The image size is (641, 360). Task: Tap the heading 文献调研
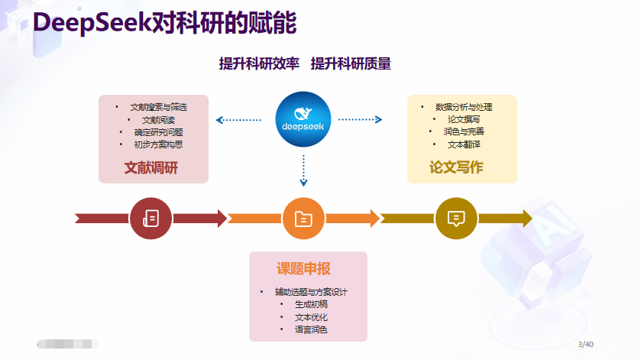[151, 167]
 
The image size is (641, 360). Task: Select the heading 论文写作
[456, 167]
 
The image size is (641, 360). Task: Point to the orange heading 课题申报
[303, 269]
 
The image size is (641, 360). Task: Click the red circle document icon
[151, 219]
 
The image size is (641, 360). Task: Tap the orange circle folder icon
[303, 219]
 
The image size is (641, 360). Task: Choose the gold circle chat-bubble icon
[455, 219]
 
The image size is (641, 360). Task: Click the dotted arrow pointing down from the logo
[303, 170]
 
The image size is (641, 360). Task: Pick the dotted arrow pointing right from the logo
[360, 119]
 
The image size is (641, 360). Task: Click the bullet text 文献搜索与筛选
[158, 107]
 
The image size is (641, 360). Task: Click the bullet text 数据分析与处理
[464, 107]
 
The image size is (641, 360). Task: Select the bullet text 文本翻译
[464, 144]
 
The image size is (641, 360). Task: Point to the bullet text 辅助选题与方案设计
[311, 292]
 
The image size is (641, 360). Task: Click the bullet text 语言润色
[311, 329]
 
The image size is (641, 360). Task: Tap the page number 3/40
[585, 345]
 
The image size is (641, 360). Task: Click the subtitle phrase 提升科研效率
[259, 64]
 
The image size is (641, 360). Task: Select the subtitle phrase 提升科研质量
[351, 64]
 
